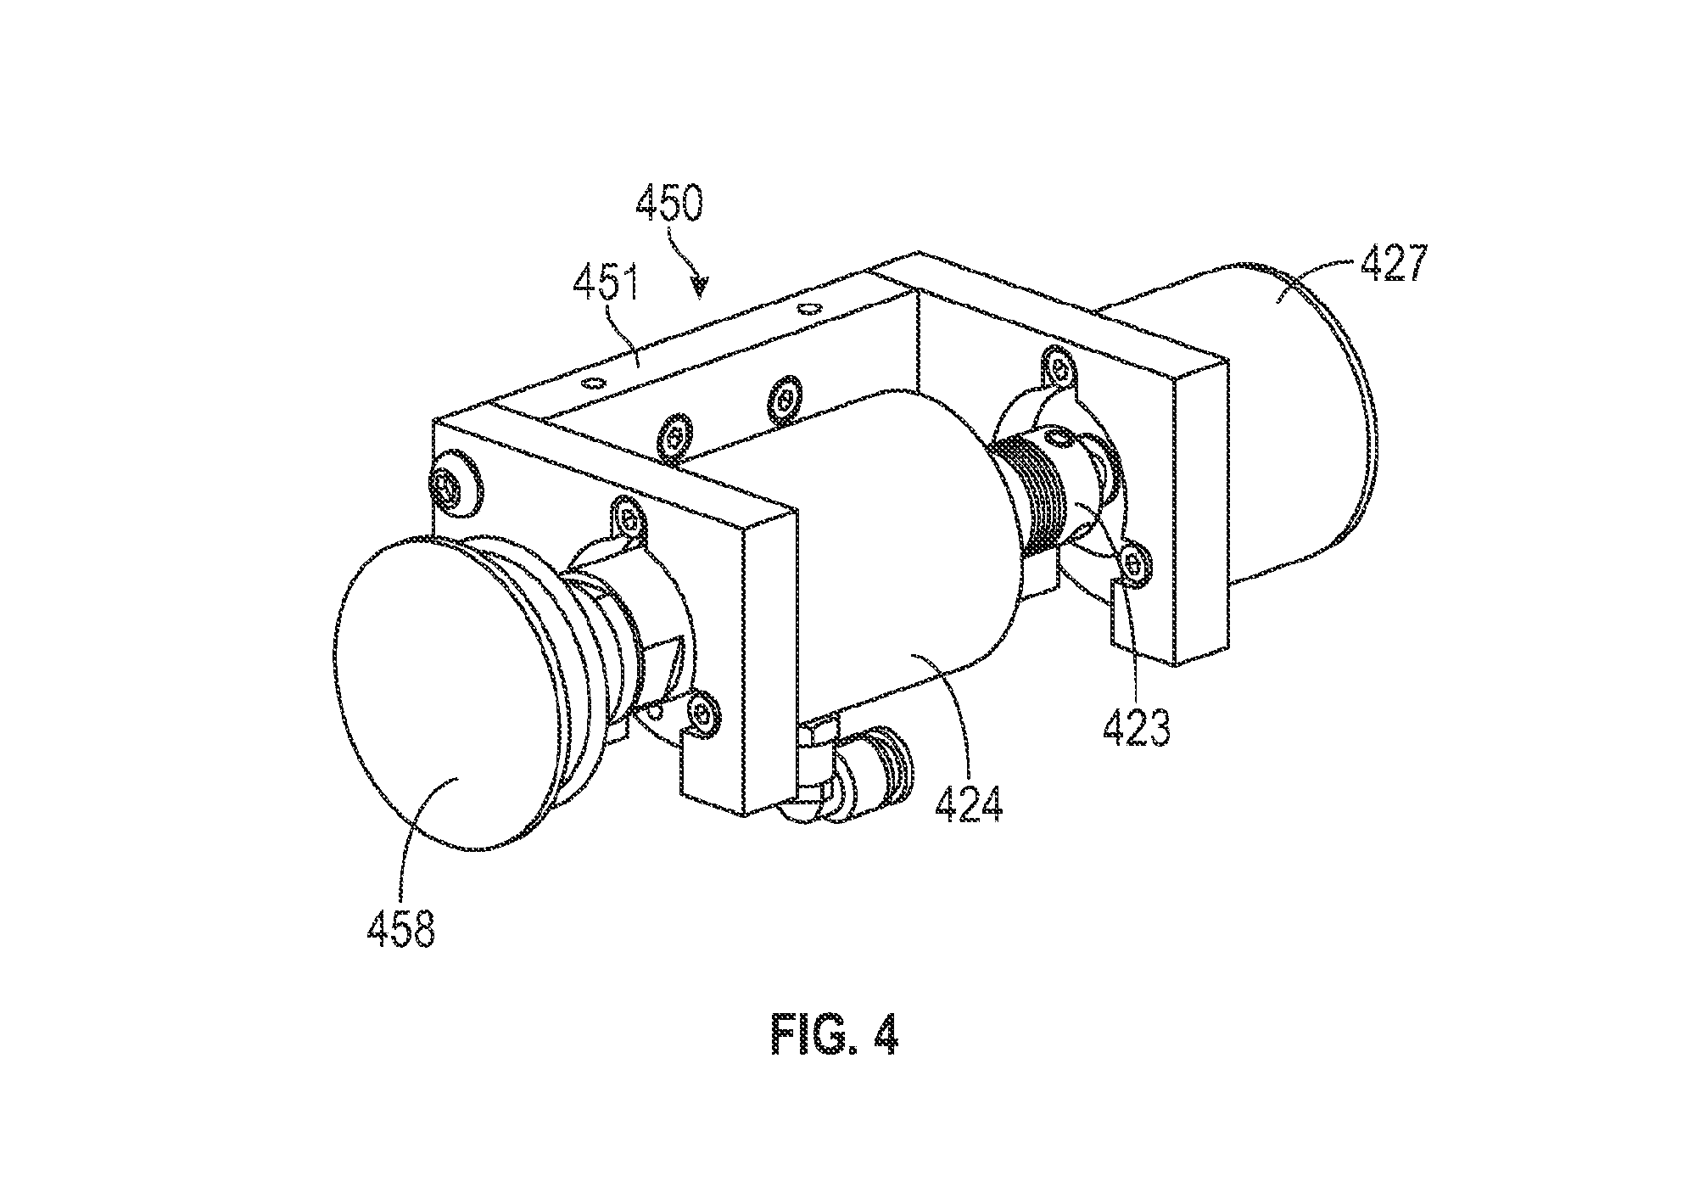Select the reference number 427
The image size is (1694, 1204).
[x=1394, y=264]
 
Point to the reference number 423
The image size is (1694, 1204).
[x=1136, y=725]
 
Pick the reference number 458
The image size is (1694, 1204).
[x=400, y=927]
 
